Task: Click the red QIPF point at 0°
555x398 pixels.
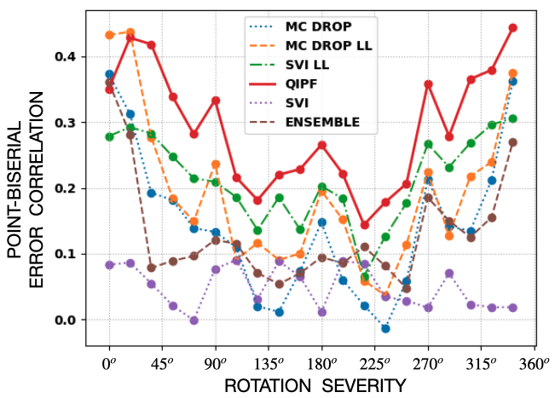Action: point(110,89)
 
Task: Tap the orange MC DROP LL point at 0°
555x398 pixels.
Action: point(110,35)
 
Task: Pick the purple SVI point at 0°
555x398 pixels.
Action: point(110,265)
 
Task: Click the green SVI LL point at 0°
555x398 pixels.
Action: point(110,136)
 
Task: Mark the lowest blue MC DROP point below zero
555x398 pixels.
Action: point(385,329)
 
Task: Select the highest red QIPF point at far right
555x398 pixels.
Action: point(513,27)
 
